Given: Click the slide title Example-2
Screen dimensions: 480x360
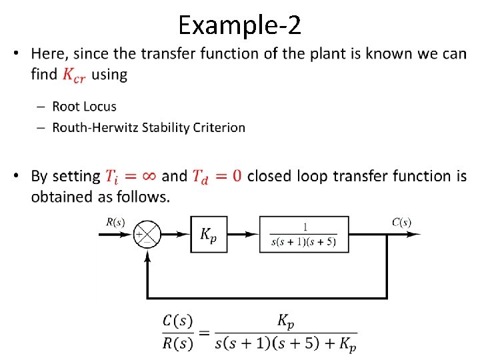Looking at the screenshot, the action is click(239, 25).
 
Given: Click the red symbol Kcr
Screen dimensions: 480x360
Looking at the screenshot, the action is click(75, 75).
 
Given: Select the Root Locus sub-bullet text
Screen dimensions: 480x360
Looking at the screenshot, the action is click(84, 107).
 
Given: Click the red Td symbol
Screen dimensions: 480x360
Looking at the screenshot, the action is click(200, 177).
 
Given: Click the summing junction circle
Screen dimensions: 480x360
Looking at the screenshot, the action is click(147, 234).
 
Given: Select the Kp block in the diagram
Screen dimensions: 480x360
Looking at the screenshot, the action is click(209, 234).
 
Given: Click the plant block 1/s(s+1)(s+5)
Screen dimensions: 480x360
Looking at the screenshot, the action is click(305, 234).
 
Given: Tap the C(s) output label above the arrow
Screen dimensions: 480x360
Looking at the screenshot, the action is click(401, 221).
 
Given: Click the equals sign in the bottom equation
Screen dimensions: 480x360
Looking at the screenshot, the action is click(204, 333).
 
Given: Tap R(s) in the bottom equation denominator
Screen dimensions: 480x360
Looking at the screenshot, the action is click(178, 344).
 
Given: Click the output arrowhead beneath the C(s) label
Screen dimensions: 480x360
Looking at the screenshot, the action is click(415, 234).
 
